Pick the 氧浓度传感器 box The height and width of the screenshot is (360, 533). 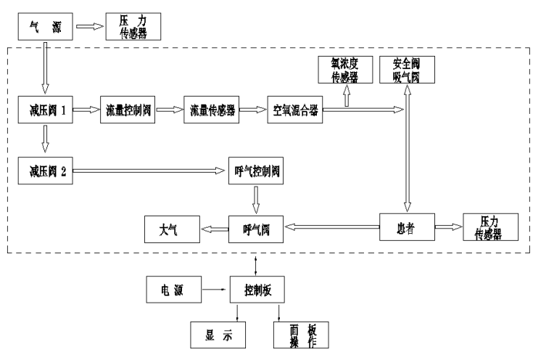point(345,69)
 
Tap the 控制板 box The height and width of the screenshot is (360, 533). point(255,289)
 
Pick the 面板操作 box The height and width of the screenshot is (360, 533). point(300,334)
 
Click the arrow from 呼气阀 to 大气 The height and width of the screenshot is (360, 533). point(215,229)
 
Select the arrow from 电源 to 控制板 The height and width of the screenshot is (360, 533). point(215,289)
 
